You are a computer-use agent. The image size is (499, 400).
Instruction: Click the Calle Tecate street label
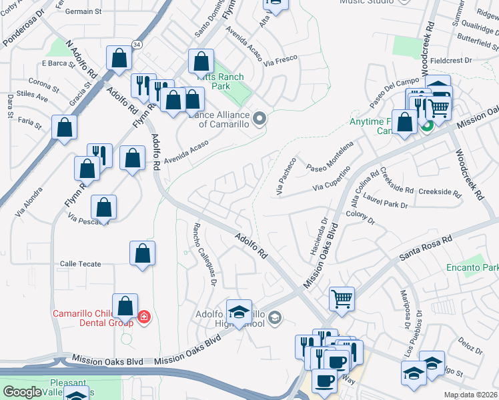pos(80,264)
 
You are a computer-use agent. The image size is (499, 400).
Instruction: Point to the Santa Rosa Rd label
pos(426,247)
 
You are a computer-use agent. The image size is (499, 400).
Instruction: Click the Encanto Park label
pos(472,267)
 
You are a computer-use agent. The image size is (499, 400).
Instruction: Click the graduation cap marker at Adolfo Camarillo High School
pos(239,311)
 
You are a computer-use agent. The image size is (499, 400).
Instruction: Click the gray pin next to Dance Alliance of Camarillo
pos(260,119)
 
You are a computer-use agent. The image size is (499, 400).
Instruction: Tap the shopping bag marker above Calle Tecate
pos(142,253)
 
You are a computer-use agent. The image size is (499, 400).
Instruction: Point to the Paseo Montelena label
pos(329,157)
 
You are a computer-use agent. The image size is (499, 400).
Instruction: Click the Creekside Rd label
pos(440,192)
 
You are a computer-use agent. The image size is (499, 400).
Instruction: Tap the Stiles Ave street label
pos(33,97)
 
